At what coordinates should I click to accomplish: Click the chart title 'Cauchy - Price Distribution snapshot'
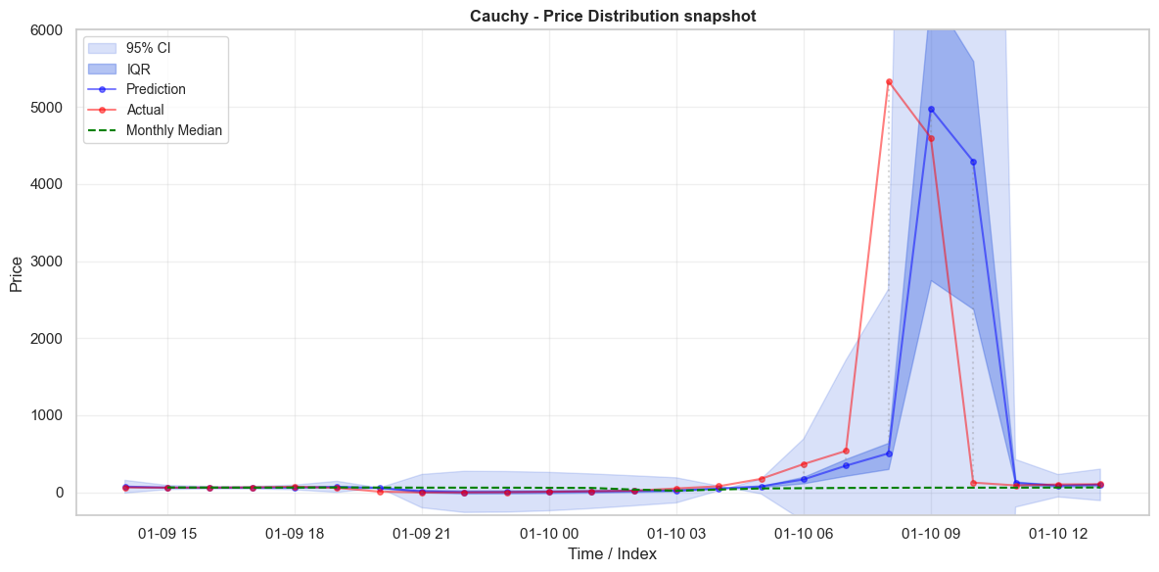point(613,16)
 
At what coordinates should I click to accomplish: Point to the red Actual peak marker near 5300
point(889,81)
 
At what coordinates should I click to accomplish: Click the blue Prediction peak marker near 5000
point(931,109)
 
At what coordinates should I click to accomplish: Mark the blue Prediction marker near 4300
point(973,162)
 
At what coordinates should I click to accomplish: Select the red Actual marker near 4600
point(931,138)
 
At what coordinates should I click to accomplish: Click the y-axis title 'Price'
point(17,271)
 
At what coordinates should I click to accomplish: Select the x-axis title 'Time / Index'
point(613,554)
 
